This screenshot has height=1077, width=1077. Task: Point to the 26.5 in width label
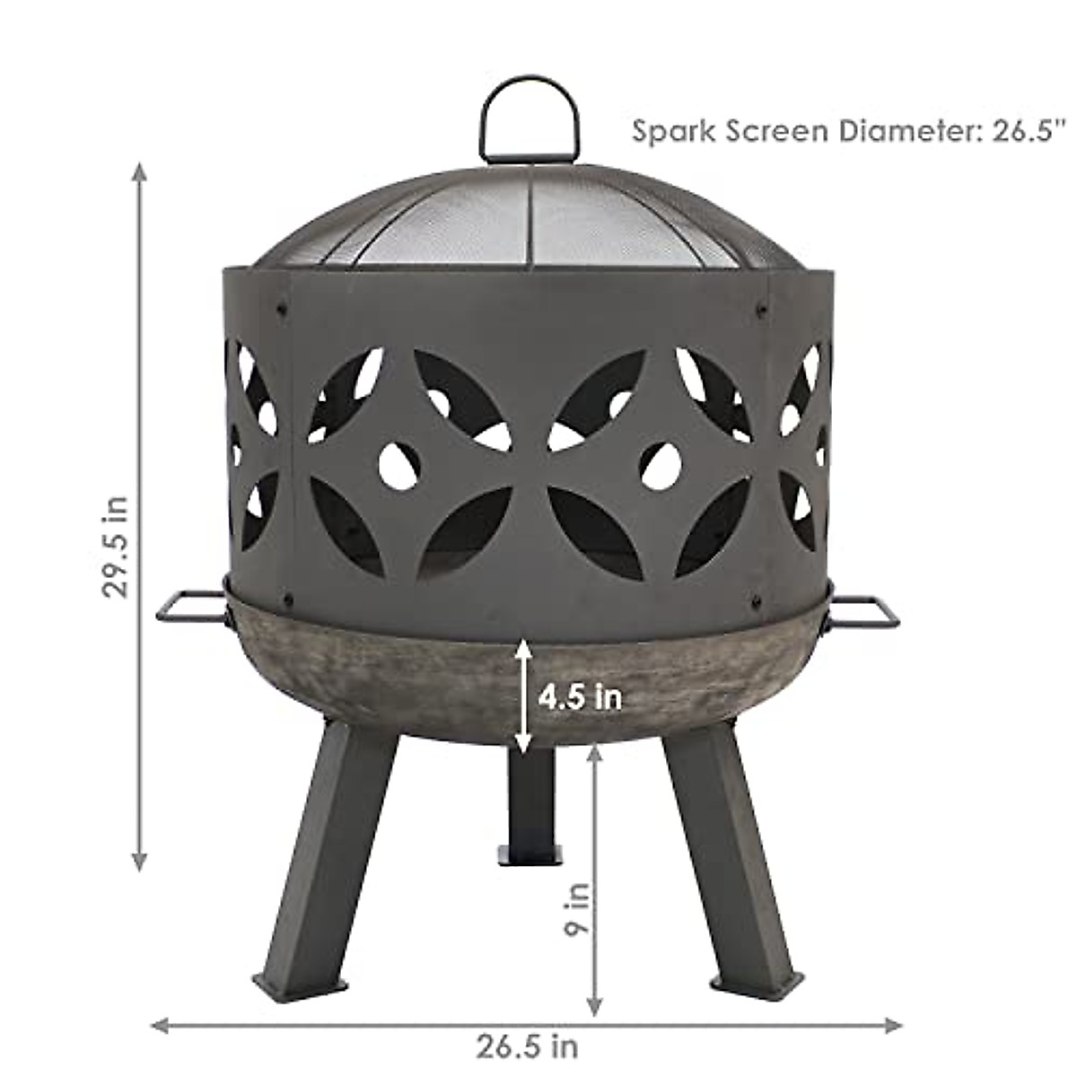pos(527,1046)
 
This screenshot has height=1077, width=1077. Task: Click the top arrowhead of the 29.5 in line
pos(139,171)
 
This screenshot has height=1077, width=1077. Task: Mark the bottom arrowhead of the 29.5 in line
pos(139,862)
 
